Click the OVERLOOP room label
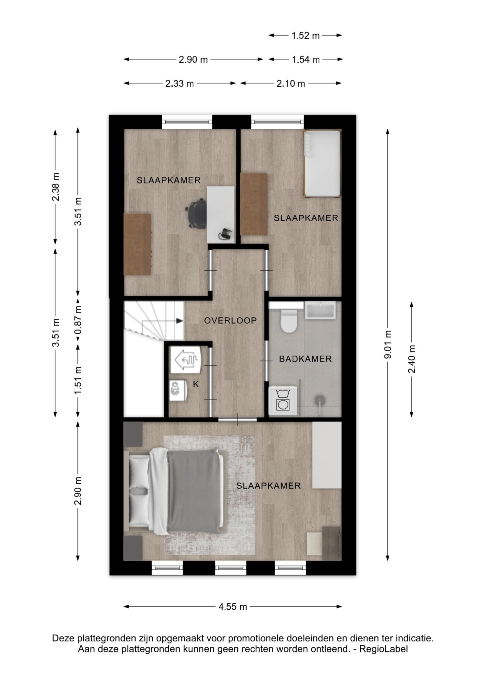[230, 320]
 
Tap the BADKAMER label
[305, 359]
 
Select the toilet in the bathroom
[289, 321]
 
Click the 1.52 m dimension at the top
[305, 36]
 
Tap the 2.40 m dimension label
[412, 359]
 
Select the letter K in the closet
[196, 384]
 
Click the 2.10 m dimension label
[290, 84]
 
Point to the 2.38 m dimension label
[55, 187]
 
